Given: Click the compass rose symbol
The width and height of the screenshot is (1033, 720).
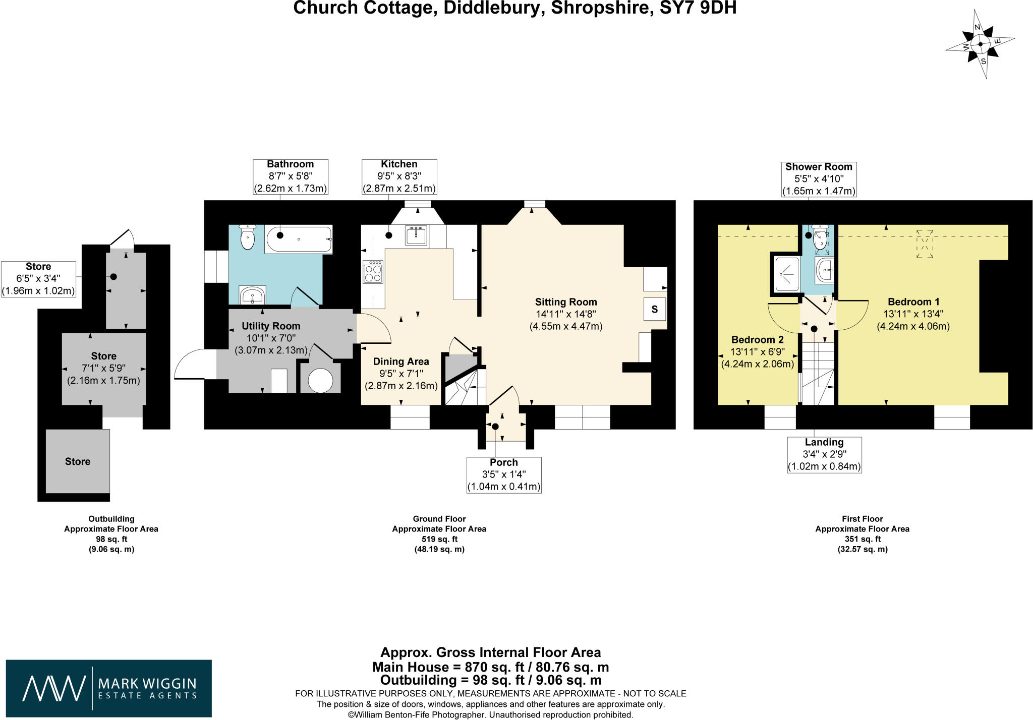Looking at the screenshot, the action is [980, 44].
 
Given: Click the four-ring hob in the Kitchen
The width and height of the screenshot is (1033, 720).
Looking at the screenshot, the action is [373, 272].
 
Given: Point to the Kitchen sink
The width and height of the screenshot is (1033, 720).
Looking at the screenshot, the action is [417, 235].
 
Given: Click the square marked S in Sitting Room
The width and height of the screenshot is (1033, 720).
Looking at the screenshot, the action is [654, 309].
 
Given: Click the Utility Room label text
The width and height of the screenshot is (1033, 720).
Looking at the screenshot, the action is [271, 326].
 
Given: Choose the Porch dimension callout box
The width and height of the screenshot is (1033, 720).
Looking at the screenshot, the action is [504, 474].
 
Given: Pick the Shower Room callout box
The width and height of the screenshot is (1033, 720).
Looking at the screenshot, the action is [819, 179].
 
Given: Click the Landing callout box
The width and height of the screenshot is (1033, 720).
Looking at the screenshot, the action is [824, 454].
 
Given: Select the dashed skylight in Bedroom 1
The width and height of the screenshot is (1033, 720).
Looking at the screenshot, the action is [925, 244].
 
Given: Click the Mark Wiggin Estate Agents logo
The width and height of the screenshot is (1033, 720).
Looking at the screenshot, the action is [109, 688].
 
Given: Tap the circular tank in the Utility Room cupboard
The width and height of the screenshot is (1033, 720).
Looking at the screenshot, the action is [320, 381].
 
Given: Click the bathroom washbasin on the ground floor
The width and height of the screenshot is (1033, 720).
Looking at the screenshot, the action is [252, 295].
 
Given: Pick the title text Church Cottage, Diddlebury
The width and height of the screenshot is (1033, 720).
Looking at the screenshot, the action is [514, 8].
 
